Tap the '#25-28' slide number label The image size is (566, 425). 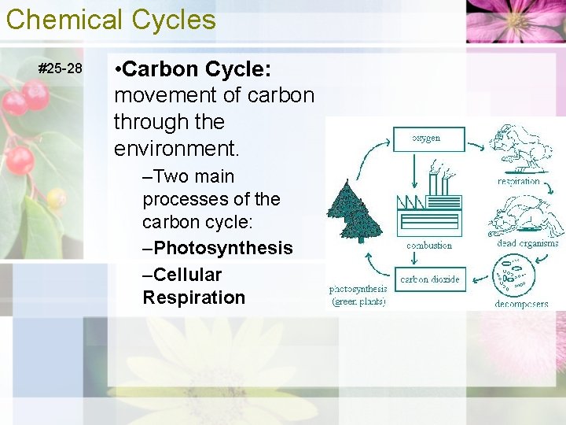click(x=61, y=68)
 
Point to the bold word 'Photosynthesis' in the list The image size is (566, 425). click(x=223, y=249)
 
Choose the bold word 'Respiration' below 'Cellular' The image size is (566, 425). click(x=193, y=297)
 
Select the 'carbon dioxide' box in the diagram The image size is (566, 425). click(x=429, y=279)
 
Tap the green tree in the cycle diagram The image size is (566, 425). click(x=356, y=211)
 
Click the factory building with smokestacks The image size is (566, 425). click(x=429, y=205)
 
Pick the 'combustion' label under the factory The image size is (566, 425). click(x=429, y=246)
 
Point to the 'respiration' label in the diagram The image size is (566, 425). click(x=519, y=181)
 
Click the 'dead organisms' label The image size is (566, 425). click(x=527, y=243)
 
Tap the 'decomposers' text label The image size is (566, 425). click(x=521, y=304)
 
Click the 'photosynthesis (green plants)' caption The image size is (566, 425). click(x=358, y=295)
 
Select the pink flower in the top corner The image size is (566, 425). click(x=515, y=20)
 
